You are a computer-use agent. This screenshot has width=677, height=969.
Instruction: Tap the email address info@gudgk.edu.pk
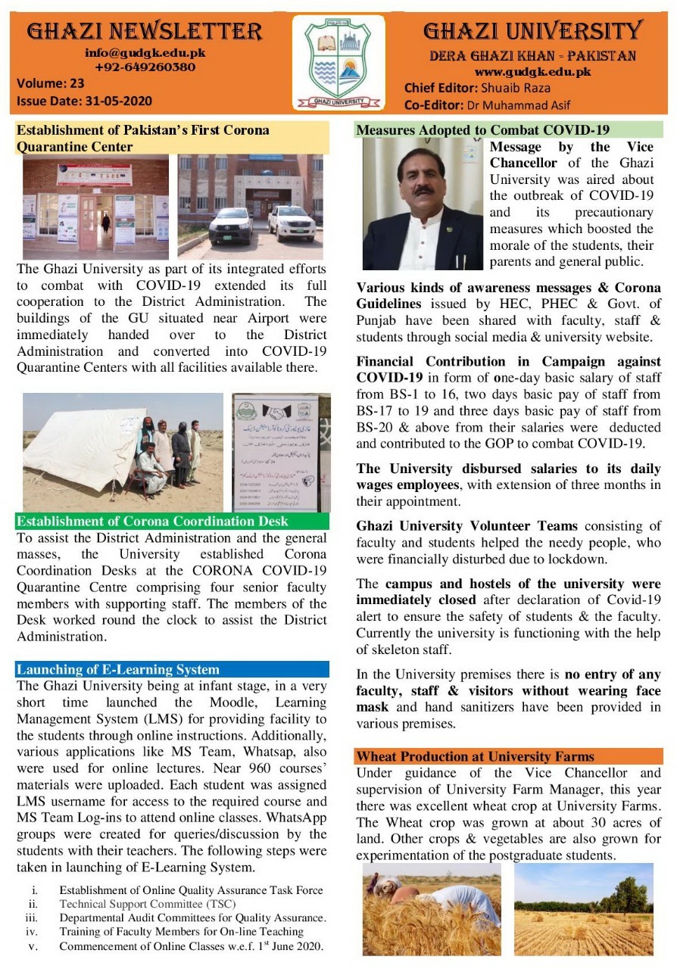[x=145, y=53]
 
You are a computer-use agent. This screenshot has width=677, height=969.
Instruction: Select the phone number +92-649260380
[x=145, y=67]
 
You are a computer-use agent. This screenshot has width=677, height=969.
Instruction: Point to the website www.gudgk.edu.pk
[x=532, y=71]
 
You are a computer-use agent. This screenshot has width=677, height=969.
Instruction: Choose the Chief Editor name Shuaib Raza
[x=512, y=88]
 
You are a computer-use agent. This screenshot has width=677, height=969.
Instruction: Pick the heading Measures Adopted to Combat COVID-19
[x=482, y=130]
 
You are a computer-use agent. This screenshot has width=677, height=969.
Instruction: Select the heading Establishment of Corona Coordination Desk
[x=152, y=522]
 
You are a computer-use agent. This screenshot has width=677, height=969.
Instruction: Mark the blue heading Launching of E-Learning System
[x=118, y=669]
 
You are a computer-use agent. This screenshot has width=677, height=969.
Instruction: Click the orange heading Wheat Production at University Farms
[x=476, y=756]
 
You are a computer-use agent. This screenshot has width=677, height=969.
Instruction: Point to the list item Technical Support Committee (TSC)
[x=148, y=904]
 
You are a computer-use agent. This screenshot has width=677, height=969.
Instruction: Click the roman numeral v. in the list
[x=33, y=946]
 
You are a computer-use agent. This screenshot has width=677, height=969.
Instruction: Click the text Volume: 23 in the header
[x=51, y=85]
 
